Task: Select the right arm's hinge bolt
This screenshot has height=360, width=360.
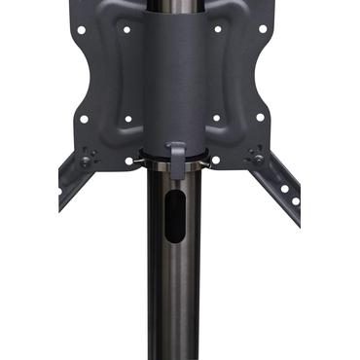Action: coord(258,157)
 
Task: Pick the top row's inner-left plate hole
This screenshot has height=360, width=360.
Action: coord(127,30)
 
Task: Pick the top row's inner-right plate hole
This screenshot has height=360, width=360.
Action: coord(216,30)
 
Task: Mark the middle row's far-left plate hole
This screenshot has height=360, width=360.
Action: coord(84,119)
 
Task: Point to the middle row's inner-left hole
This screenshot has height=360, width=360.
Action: coord(127,120)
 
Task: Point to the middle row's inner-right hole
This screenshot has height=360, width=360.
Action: coord(216,120)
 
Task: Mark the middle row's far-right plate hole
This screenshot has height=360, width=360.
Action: coord(260,119)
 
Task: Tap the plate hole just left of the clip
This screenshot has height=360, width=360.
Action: coord(128,161)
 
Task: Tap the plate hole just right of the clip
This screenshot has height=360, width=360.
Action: coord(215,161)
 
